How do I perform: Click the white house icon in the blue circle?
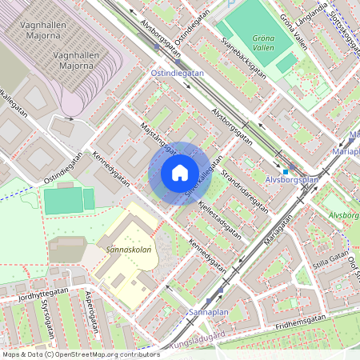(x=180, y=172)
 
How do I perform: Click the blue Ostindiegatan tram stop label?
(x=178, y=72)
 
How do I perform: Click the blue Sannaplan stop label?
(x=209, y=310)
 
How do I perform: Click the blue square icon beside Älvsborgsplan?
(x=285, y=171)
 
